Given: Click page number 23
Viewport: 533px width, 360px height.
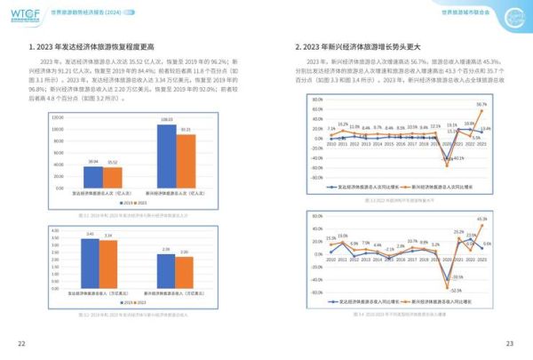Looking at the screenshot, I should coord(510,344).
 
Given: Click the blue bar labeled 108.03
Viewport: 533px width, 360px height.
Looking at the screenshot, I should coord(166,156).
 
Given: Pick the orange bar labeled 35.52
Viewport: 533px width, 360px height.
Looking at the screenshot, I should coord(112,177).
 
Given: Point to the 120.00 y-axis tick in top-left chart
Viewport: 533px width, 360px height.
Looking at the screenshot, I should coord(57,116).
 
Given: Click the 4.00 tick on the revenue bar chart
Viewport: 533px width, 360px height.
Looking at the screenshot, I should coord(55,228).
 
